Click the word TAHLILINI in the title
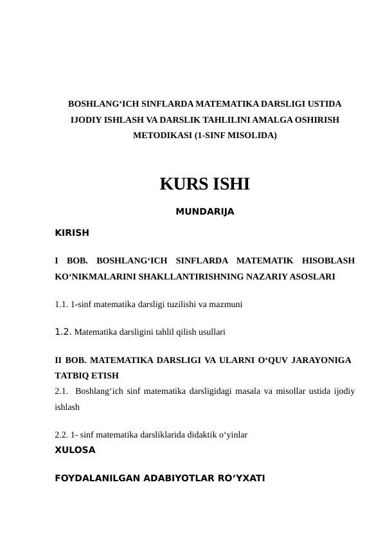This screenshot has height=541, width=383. tap(196, 120)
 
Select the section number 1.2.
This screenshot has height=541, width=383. tap(63, 332)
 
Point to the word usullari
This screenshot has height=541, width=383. tap(207, 333)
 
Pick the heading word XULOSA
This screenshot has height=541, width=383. tap(75, 450)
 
